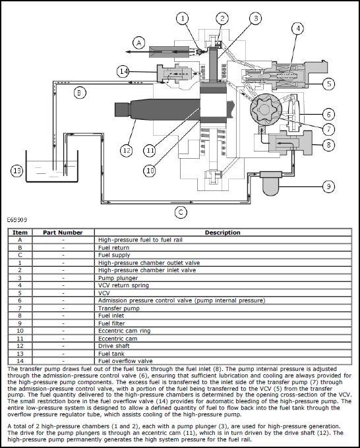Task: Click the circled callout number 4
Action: pyautogui.click(x=297, y=28)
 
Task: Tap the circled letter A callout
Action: pyautogui.click(x=139, y=43)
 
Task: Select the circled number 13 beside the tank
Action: pyautogui.click(x=17, y=171)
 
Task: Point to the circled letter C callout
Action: pyautogui.click(x=181, y=212)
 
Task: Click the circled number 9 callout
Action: pyautogui.click(x=328, y=186)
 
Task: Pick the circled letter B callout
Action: pyautogui.click(x=80, y=93)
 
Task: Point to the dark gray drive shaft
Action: pyautogui.click(x=158, y=110)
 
